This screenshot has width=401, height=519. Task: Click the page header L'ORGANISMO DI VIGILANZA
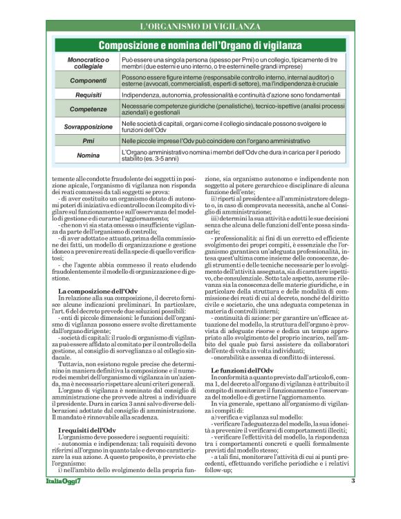(x=200, y=26)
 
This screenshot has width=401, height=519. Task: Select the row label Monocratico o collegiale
(x=88, y=64)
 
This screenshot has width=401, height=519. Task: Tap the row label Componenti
(x=88, y=80)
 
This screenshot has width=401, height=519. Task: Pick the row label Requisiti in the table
(x=88, y=94)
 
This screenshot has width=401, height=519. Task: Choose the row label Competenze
(x=88, y=109)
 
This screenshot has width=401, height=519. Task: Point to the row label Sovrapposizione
(x=88, y=126)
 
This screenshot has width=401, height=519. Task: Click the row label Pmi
(x=88, y=140)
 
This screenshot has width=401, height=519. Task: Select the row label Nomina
(x=88, y=155)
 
